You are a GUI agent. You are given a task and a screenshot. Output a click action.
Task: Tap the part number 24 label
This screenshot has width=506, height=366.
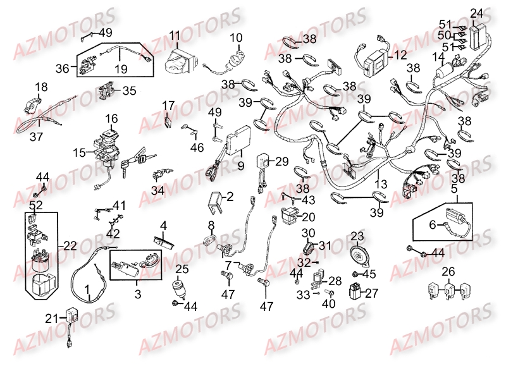tap(476, 13)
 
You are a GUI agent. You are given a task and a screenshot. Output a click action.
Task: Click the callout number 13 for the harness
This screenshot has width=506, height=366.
tap(379, 184)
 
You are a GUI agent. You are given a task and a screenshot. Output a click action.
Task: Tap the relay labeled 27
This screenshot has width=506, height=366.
tap(357, 291)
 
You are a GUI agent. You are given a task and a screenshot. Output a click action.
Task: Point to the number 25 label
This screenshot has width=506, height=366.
tap(182, 270)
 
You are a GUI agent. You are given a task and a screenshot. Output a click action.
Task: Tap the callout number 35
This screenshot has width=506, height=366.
tap(129, 90)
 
